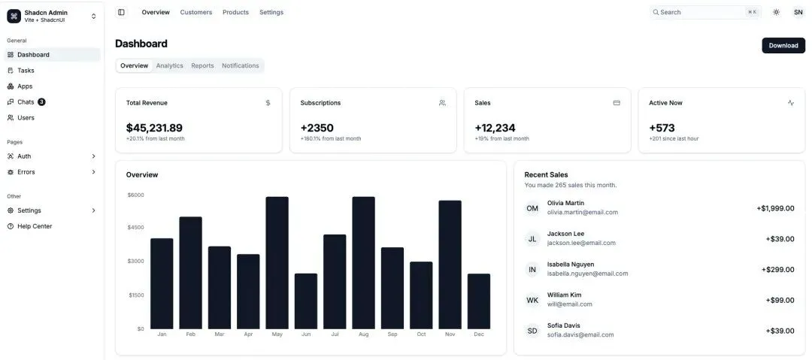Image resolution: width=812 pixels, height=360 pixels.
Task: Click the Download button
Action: [x=783, y=46]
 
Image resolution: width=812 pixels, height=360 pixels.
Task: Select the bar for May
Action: [x=277, y=262]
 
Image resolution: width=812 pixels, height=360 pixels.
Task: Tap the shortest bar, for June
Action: [x=306, y=301]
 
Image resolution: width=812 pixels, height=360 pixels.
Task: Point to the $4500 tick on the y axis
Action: [x=135, y=228]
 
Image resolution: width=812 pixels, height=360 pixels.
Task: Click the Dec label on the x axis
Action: [x=479, y=334]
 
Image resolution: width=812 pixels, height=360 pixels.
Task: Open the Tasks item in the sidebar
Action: [x=26, y=71]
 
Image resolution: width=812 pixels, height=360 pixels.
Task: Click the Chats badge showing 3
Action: [x=41, y=102]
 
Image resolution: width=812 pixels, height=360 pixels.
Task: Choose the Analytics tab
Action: [x=170, y=66]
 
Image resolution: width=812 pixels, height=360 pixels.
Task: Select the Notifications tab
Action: [x=241, y=66]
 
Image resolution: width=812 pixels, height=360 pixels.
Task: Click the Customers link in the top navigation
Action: [x=196, y=12]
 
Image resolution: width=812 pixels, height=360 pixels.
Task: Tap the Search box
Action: [x=705, y=12]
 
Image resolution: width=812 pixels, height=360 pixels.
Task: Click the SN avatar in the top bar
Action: [x=798, y=12]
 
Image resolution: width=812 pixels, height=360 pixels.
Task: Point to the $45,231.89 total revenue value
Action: [x=154, y=128]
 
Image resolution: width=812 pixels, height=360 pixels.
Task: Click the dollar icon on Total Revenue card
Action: [x=268, y=102]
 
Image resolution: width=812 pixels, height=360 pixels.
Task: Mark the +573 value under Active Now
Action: [x=662, y=128]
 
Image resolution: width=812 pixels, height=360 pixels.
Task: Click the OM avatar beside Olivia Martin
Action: [x=532, y=208]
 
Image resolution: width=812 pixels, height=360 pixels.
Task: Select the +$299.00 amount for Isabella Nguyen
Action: [x=778, y=269]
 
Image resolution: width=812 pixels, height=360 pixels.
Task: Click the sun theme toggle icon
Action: [x=776, y=12]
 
